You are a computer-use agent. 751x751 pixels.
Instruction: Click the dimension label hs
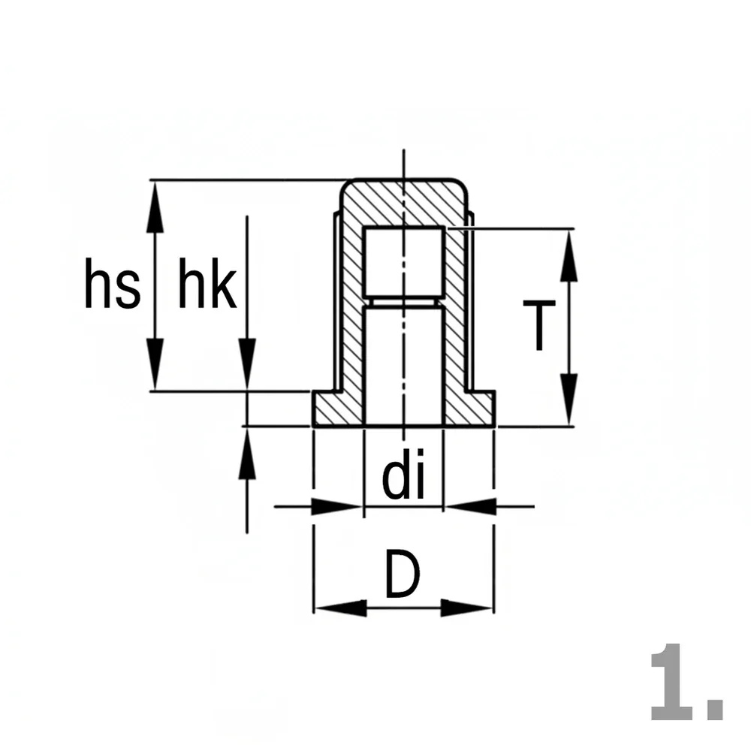point(113,283)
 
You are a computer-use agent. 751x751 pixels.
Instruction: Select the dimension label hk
point(207,283)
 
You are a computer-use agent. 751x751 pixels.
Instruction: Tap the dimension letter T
point(538,325)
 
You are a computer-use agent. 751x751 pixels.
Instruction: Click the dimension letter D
point(403,575)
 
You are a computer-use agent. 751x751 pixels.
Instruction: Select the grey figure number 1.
point(686,682)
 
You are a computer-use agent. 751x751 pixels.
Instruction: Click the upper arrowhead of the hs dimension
point(154,207)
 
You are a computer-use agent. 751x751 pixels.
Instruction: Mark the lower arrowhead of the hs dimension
point(154,364)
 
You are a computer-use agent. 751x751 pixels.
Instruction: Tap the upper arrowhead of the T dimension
point(569,255)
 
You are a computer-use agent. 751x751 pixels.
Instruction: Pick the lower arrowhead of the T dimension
point(569,399)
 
